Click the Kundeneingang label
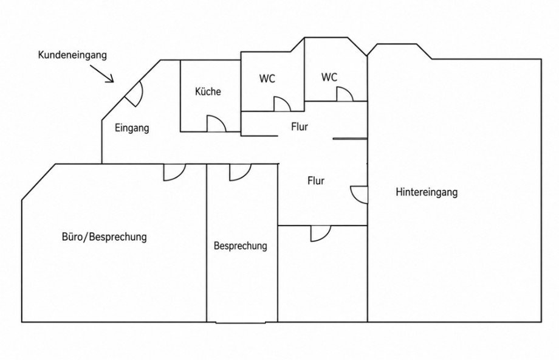(72, 55)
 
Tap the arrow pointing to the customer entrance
(102, 74)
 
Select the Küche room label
(208, 91)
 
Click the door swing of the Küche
(216, 124)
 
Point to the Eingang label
(132, 128)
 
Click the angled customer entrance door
(134, 94)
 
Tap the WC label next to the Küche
(267, 78)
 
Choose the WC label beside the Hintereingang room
(329, 77)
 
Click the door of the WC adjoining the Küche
(282, 104)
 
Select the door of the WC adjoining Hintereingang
(345, 94)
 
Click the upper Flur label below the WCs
(300, 126)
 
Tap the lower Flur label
(316, 181)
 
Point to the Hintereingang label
(427, 192)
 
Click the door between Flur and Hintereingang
(359, 195)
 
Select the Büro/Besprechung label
(105, 237)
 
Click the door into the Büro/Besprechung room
(175, 172)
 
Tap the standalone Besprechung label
(240, 246)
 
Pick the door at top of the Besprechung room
(241, 172)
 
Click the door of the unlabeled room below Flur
(321, 234)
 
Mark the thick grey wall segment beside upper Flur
(350, 139)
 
